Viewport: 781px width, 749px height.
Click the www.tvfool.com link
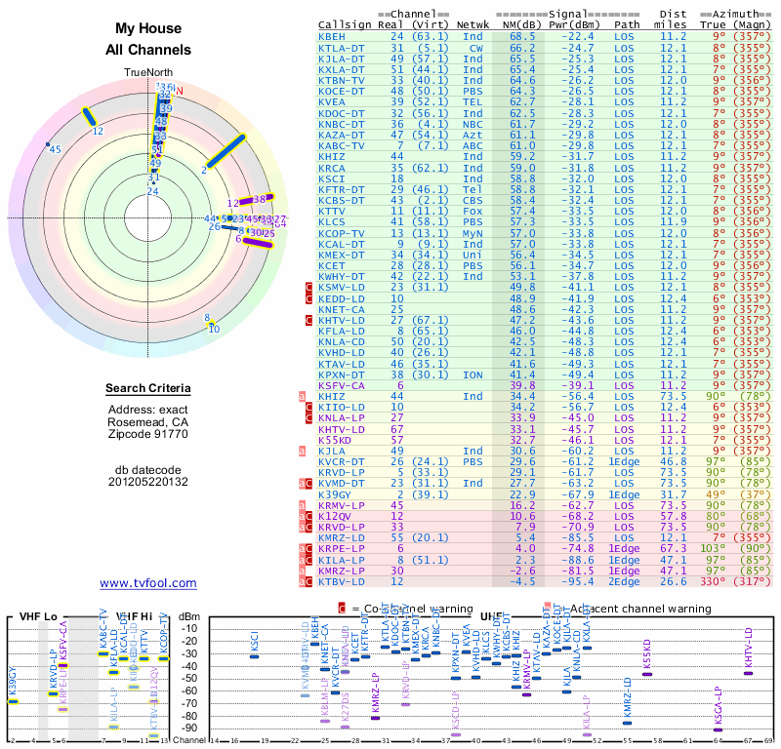148,583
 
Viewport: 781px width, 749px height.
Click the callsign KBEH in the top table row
332,36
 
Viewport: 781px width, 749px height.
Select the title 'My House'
148,29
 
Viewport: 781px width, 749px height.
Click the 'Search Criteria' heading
148,389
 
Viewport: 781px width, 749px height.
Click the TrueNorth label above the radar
147,73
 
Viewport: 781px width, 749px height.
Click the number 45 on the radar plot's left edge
56,149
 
